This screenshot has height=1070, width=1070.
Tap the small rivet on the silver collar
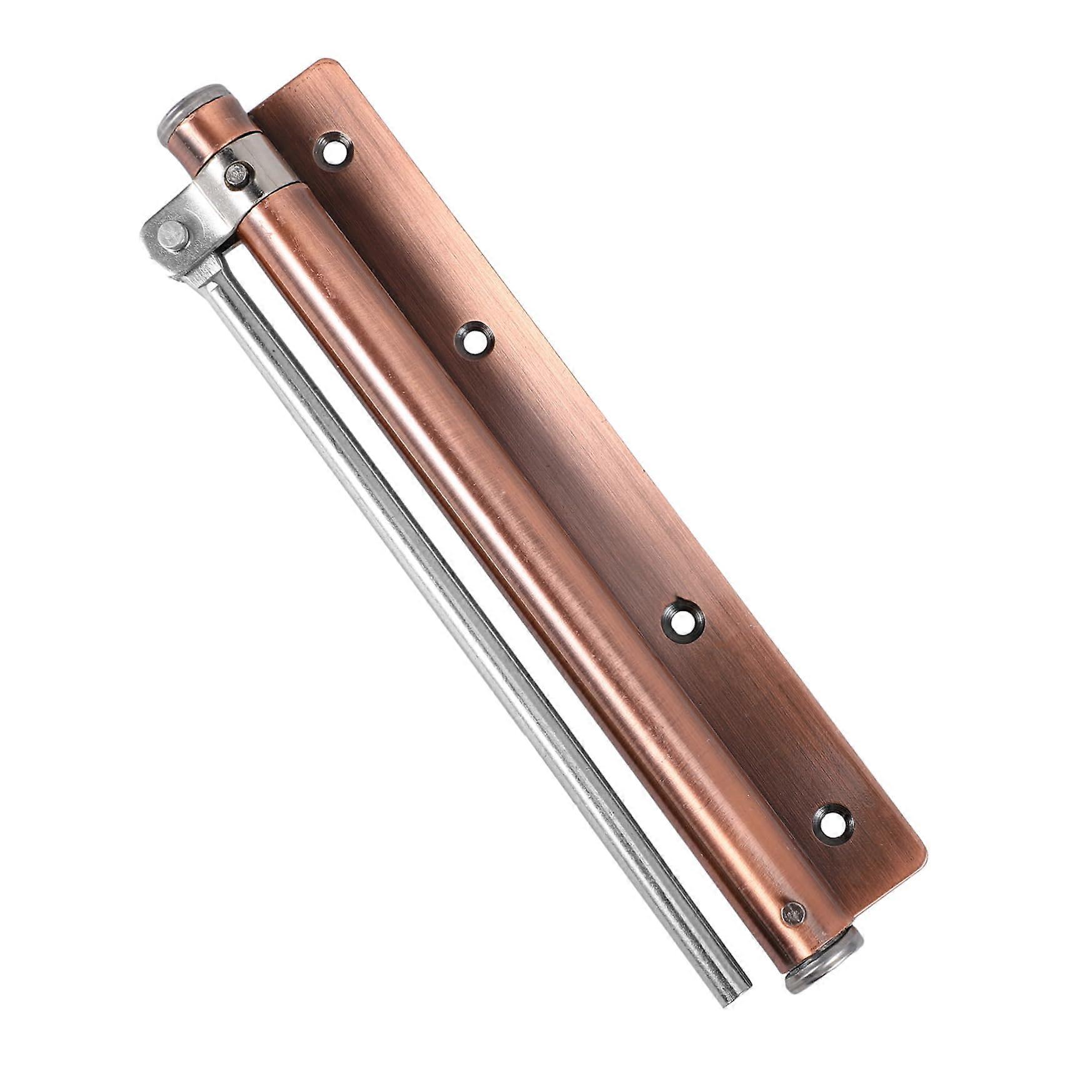(x=237, y=174)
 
